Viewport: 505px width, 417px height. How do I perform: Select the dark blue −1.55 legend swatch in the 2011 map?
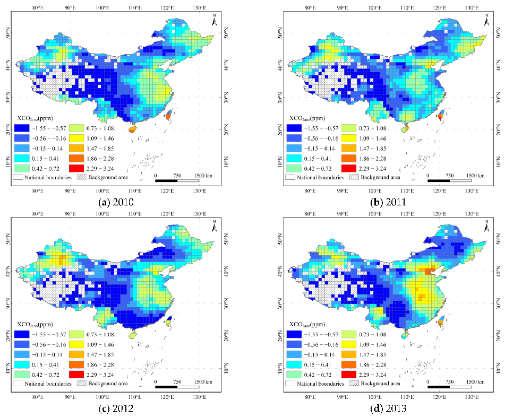[x=295, y=129]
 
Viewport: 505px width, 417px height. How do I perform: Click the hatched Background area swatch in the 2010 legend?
[x=84, y=177]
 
